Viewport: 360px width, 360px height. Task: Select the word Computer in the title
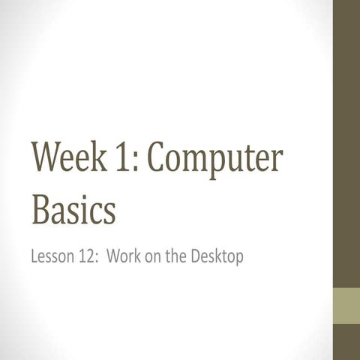coord(217,159)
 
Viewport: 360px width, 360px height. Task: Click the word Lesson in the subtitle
coord(53,257)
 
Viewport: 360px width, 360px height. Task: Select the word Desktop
coord(217,257)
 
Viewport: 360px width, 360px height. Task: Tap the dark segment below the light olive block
coord(346,342)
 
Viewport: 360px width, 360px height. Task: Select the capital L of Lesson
coord(34,257)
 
